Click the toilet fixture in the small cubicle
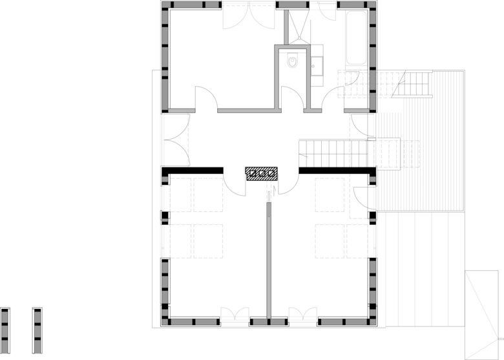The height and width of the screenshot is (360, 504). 292,61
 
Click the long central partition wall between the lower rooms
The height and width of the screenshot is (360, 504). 267,259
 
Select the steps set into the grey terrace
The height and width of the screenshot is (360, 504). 395,154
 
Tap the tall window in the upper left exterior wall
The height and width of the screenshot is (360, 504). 163,139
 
